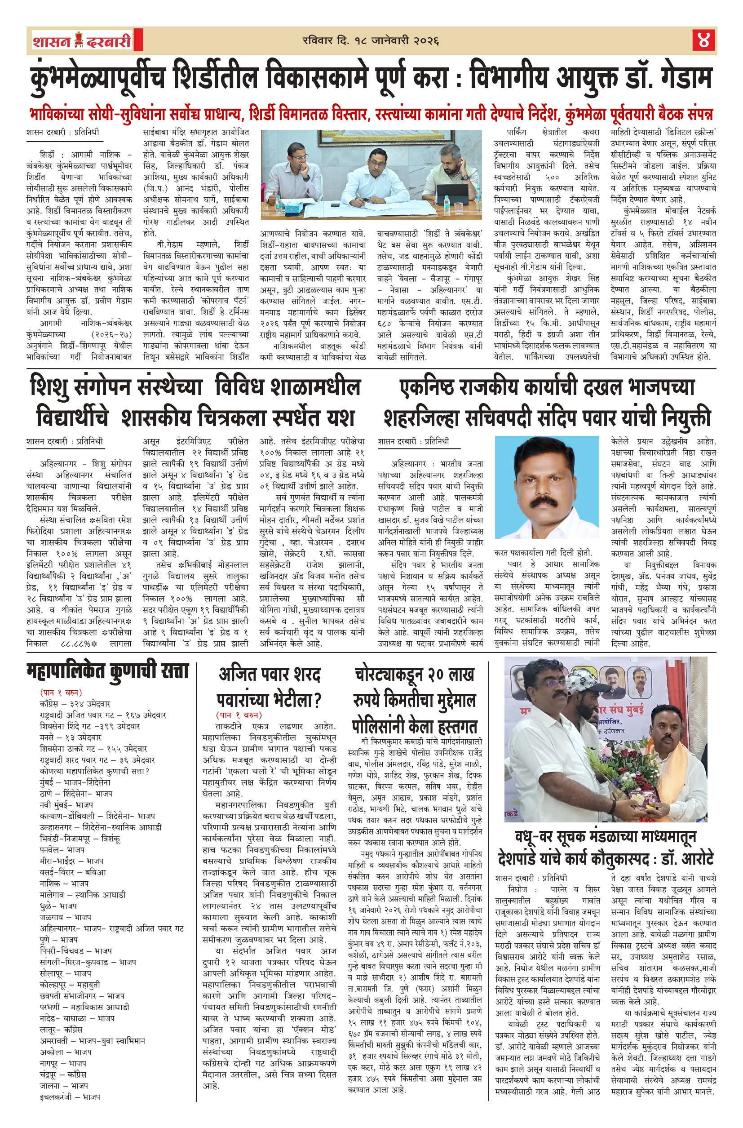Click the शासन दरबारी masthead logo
82,41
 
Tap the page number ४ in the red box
703,40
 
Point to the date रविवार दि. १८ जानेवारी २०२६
371,41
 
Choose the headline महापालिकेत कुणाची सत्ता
107,671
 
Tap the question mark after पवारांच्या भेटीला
317,700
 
